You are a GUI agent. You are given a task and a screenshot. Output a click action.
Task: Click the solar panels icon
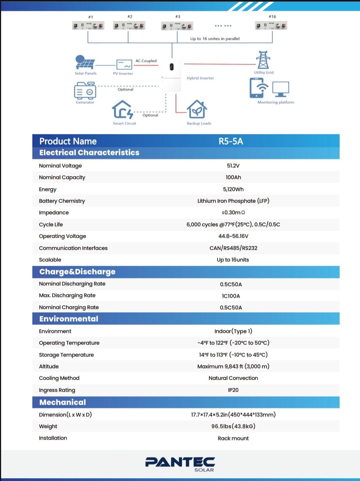(85, 62)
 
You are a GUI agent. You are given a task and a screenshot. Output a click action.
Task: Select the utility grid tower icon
(263, 60)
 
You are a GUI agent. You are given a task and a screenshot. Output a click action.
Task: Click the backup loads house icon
(197, 109)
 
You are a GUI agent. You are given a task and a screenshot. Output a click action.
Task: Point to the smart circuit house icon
(123, 110)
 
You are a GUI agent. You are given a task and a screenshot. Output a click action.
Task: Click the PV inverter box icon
(124, 65)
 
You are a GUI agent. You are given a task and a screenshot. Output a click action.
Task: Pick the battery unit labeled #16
(272, 26)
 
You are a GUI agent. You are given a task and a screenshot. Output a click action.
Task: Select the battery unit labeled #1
(88, 26)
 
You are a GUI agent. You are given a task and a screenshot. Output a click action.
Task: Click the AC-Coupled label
(146, 61)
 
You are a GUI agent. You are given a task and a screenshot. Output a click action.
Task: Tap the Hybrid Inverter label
(200, 78)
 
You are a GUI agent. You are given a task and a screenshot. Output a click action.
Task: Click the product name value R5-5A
(231, 141)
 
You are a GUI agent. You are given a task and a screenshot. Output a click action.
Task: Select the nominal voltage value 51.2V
(233, 166)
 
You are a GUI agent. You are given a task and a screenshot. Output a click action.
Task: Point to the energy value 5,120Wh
(233, 189)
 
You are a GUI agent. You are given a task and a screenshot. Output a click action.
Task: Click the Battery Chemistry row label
(62, 201)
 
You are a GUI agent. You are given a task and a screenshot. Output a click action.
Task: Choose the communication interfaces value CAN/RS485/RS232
(233, 248)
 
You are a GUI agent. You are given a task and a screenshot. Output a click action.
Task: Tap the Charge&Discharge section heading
(77, 272)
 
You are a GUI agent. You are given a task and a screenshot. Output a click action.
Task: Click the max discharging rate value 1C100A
(231, 296)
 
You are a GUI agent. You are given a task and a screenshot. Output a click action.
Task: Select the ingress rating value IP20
(233, 390)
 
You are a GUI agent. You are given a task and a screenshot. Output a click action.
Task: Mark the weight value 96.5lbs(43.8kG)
(233, 426)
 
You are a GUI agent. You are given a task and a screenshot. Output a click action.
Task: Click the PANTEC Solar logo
(180, 464)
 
